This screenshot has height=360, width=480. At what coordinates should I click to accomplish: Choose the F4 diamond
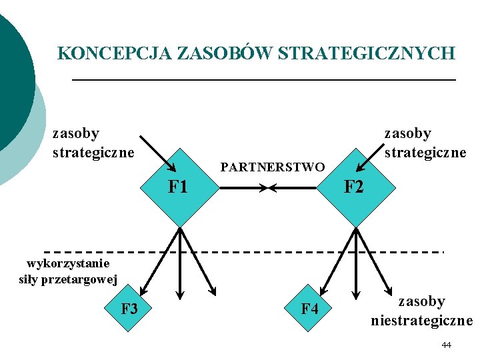(309, 309)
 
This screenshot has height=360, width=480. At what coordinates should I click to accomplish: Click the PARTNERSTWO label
(272, 167)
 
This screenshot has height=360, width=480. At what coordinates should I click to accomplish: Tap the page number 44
(446, 345)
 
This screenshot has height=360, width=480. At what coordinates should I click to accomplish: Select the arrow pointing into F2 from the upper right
(371, 156)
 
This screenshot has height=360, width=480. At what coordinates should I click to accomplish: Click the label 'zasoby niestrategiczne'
(421, 311)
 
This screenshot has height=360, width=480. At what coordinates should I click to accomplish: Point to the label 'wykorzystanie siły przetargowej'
(68, 271)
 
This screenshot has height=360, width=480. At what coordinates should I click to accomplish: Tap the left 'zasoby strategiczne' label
(93, 143)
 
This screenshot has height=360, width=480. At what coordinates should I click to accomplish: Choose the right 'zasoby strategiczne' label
(425, 143)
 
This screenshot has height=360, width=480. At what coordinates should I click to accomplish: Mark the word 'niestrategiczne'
(421, 320)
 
